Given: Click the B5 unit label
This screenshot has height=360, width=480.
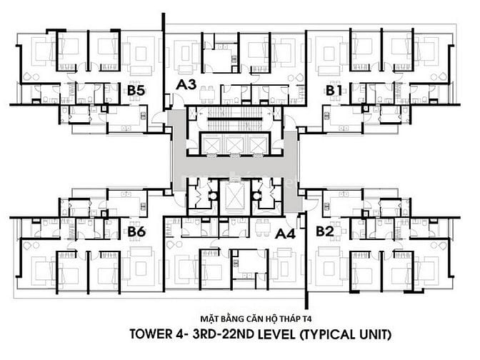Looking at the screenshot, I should [x=137, y=91].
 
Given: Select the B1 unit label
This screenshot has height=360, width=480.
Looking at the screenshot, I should [x=334, y=91].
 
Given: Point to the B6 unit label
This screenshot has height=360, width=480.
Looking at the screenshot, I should [x=137, y=231].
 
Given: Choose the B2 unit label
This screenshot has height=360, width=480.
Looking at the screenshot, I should [x=325, y=231].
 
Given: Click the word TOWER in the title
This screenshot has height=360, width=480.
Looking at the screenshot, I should [x=152, y=334].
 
